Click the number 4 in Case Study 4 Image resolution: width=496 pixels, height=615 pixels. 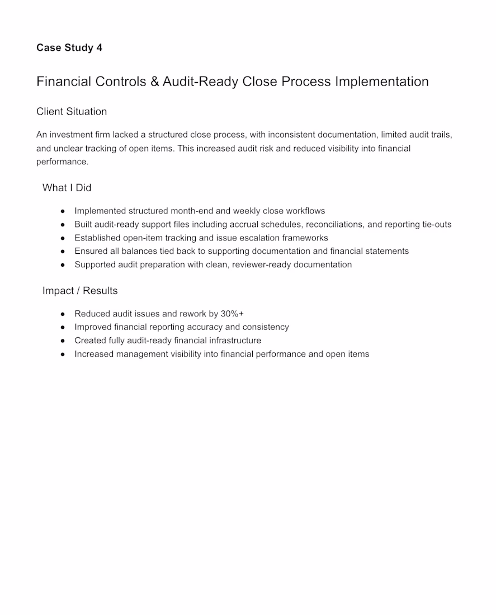(x=99, y=48)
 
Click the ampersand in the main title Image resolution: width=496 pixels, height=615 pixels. (x=155, y=82)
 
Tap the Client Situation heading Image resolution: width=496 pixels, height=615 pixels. (x=72, y=111)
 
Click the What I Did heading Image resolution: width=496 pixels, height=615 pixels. (x=67, y=188)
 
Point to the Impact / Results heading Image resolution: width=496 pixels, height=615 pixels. (x=80, y=291)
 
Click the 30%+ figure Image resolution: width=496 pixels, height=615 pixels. (x=232, y=314)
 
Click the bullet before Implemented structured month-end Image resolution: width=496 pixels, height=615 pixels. (x=63, y=211)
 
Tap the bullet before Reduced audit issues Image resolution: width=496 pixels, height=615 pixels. (x=63, y=314)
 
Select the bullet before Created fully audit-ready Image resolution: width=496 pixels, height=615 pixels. (x=63, y=341)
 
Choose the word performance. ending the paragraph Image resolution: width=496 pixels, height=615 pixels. (x=63, y=162)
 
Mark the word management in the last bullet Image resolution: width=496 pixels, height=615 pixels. (x=143, y=354)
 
